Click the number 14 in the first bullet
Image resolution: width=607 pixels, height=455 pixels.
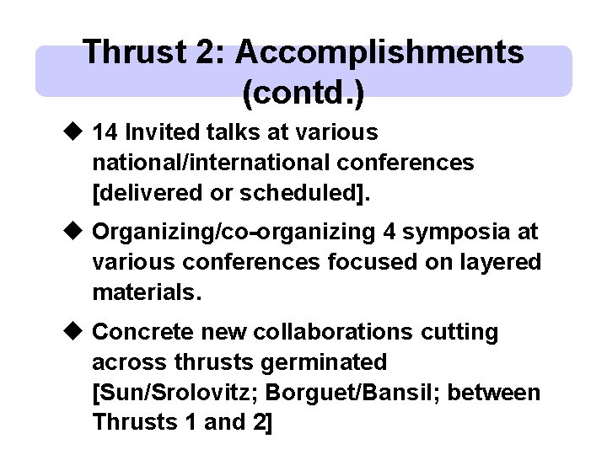[105, 133]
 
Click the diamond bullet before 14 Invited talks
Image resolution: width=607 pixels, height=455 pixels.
[73, 133]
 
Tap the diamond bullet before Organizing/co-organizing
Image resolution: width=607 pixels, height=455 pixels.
[73, 231]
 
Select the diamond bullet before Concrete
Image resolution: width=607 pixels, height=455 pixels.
[73, 332]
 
